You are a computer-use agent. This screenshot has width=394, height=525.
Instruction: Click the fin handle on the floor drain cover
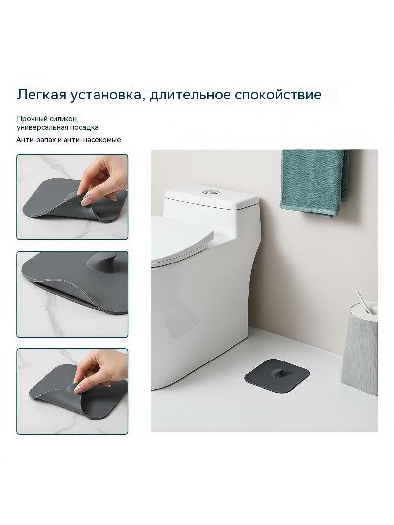click(x=276, y=369)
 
